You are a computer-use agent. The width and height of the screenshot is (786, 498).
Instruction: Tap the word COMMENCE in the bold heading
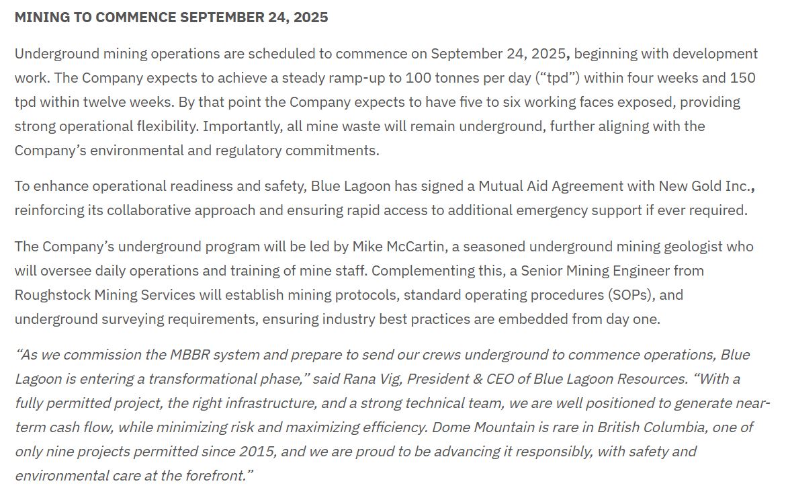(136, 17)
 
